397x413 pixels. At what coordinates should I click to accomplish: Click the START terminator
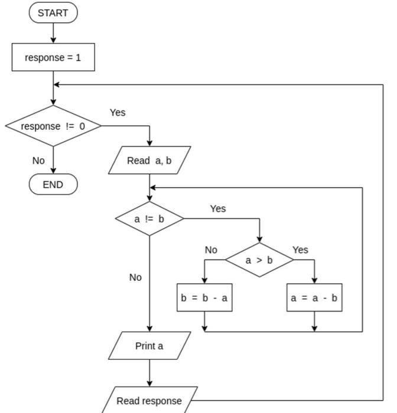pyautogui.click(x=53, y=12)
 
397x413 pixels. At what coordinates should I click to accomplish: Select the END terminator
pyautogui.click(x=53, y=185)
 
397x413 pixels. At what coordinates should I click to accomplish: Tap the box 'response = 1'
pyautogui.click(x=53, y=58)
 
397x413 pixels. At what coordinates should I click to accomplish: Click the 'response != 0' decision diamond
pyautogui.click(x=53, y=126)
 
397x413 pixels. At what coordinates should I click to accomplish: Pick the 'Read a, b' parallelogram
pyautogui.click(x=149, y=160)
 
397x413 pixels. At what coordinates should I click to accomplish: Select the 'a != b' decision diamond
pyautogui.click(x=149, y=219)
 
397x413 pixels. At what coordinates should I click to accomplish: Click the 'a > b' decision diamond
pyautogui.click(x=259, y=260)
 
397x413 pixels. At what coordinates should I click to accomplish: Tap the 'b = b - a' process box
pyautogui.click(x=204, y=298)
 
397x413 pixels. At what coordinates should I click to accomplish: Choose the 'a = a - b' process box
pyautogui.click(x=314, y=298)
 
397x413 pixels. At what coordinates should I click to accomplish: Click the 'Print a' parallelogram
pyautogui.click(x=149, y=346)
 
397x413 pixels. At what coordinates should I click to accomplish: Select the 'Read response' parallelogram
pyautogui.click(x=149, y=401)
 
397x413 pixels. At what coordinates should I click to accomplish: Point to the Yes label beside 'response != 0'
pyautogui.click(x=118, y=113)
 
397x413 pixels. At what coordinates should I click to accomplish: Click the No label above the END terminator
pyautogui.click(x=38, y=160)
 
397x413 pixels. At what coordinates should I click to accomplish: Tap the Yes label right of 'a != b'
pyautogui.click(x=218, y=209)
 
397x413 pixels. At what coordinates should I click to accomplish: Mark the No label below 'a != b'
pyautogui.click(x=135, y=277)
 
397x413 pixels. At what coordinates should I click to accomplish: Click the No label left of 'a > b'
pyautogui.click(x=211, y=250)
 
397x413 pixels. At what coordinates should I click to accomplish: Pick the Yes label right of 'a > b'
pyautogui.click(x=300, y=250)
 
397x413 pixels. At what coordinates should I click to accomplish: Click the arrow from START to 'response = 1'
pyautogui.click(x=53, y=34)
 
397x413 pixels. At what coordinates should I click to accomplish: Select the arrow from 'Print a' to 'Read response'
pyautogui.click(x=149, y=373)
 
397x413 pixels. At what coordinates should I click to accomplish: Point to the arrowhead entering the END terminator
pyautogui.click(x=53, y=171)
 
